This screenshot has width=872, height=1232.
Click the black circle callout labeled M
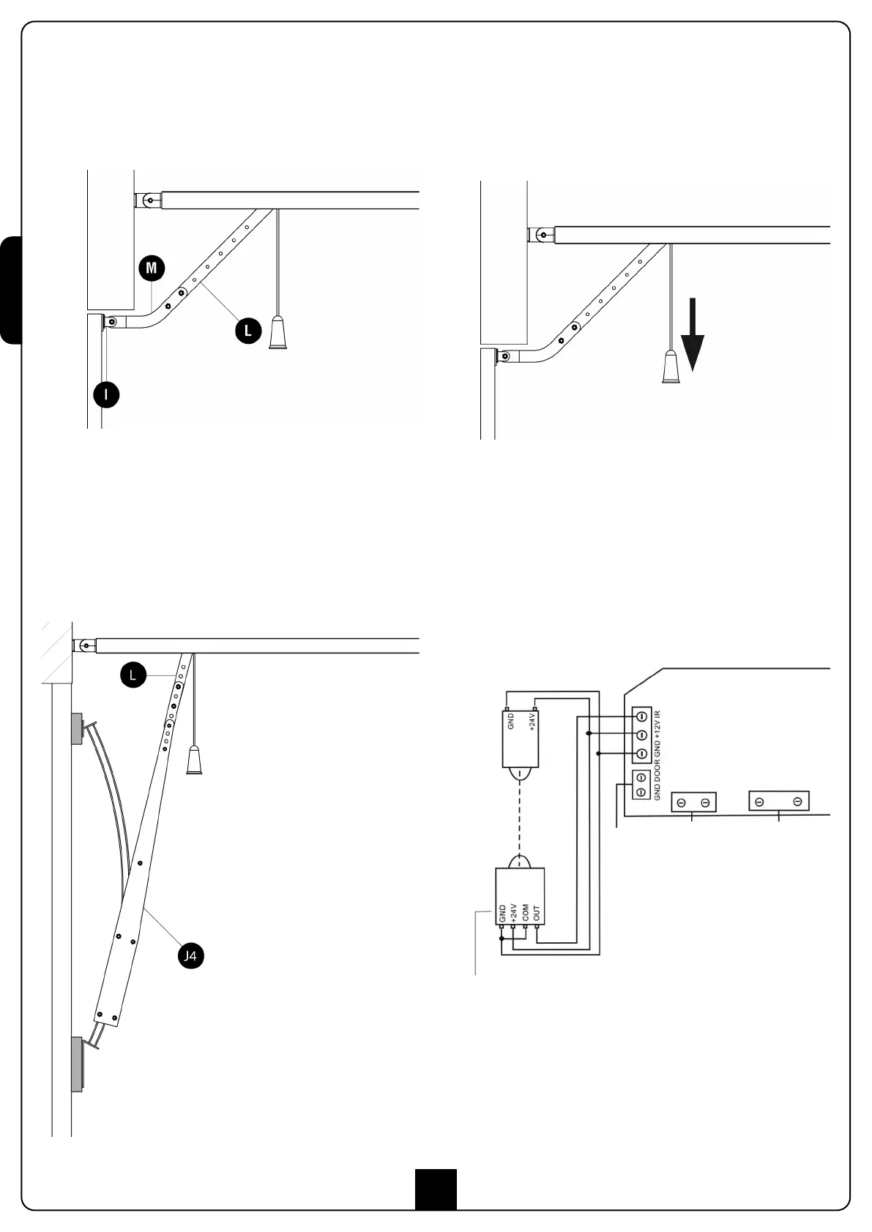pos(151,268)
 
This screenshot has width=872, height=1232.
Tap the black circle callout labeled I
pos(106,395)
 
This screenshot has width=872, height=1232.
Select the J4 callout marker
pos(190,955)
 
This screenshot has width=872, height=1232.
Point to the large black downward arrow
pos(692,341)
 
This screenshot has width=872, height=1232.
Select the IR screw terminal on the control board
pos(641,715)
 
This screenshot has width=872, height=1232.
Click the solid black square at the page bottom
pos(436,1189)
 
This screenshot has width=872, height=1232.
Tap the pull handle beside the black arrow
pos(671,367)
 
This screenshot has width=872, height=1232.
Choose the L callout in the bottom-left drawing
pos(133,675)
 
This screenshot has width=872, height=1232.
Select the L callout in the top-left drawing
pos(247,331)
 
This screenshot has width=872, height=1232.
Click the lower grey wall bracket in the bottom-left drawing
pos(77,1064)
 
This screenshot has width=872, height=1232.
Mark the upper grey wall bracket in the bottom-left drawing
pos(77,728)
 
